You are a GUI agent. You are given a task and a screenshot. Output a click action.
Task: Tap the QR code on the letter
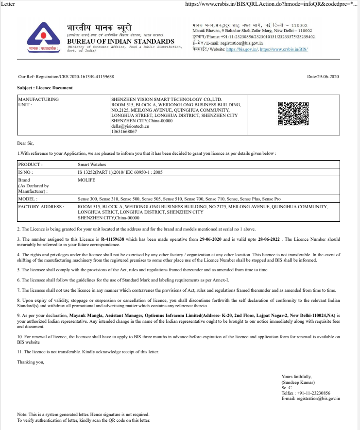[x=293, y=114]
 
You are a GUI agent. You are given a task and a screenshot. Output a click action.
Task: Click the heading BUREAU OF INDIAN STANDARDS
[x=120, y=42]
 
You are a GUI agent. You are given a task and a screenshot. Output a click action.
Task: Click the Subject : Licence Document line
[x=45, y=88]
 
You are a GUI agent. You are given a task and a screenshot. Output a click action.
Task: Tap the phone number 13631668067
[x=124, y=132]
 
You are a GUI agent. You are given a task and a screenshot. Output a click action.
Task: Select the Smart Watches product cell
[x=92, y=165]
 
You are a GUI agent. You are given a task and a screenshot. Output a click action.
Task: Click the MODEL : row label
[x=28, y=199]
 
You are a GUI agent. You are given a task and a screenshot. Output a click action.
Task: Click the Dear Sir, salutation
[x=26, y=143]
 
